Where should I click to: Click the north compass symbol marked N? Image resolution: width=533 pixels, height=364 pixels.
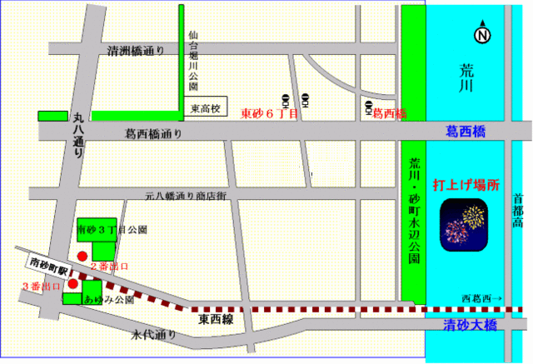pyautogui.click(x=481, y=35)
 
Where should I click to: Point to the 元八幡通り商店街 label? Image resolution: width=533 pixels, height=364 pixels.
pyautogui.click(x=186, y=197)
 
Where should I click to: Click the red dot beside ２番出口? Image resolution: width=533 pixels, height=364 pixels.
pyautogui.click(x=82, y=256)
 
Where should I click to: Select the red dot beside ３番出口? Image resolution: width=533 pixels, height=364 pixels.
pyautogui.click(x=72, y=283)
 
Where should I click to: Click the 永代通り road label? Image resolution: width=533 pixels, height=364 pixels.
pyautogui.click(x=153, y=335)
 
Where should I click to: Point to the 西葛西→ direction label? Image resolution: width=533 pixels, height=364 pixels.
pyautogui.click(x=481, y=297)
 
